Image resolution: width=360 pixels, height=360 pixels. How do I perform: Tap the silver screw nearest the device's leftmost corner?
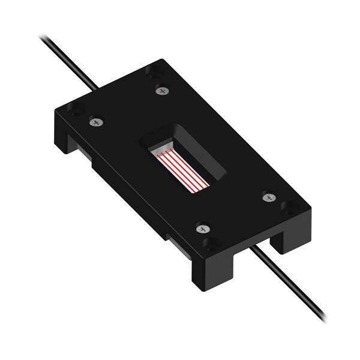pyautogui.click(x=94, y=122)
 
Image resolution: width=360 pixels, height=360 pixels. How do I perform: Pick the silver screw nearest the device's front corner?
pyautogui.click(x=202, y=229)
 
